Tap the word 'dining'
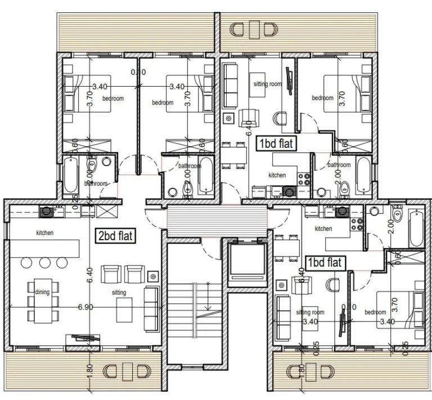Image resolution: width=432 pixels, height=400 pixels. point(42,293)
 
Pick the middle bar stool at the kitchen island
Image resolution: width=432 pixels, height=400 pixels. point(46,263)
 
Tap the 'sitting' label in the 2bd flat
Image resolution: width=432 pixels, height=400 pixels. point(119,293)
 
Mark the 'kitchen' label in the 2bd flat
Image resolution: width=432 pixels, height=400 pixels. point(45,232)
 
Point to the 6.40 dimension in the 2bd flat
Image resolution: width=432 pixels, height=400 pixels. point(89,273)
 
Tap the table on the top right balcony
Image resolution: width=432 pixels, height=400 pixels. point(255,29)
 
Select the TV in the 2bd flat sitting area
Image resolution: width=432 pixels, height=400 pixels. point(81,338)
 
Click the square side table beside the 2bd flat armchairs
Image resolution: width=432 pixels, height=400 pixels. point(152,276)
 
